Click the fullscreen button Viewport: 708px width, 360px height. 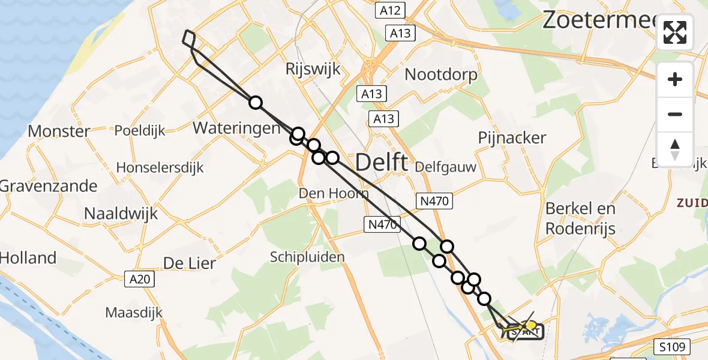point(675,32)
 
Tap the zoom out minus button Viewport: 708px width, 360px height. point(675,114)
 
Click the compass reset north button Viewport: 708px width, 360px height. point(675,149)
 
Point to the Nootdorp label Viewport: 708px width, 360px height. point(441,75)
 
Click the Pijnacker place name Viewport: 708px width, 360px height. point(512,138)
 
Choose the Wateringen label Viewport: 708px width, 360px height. point(236,128)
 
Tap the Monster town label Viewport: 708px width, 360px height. point(59,131)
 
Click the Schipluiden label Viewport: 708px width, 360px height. point(307,257)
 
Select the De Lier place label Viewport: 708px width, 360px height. point(190,263)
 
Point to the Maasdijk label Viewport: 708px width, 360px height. point(134,313)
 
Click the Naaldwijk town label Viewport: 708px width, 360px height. point(121,213)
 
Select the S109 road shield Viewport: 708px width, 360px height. point(672,346)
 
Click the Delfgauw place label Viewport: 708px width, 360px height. point(445,167)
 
